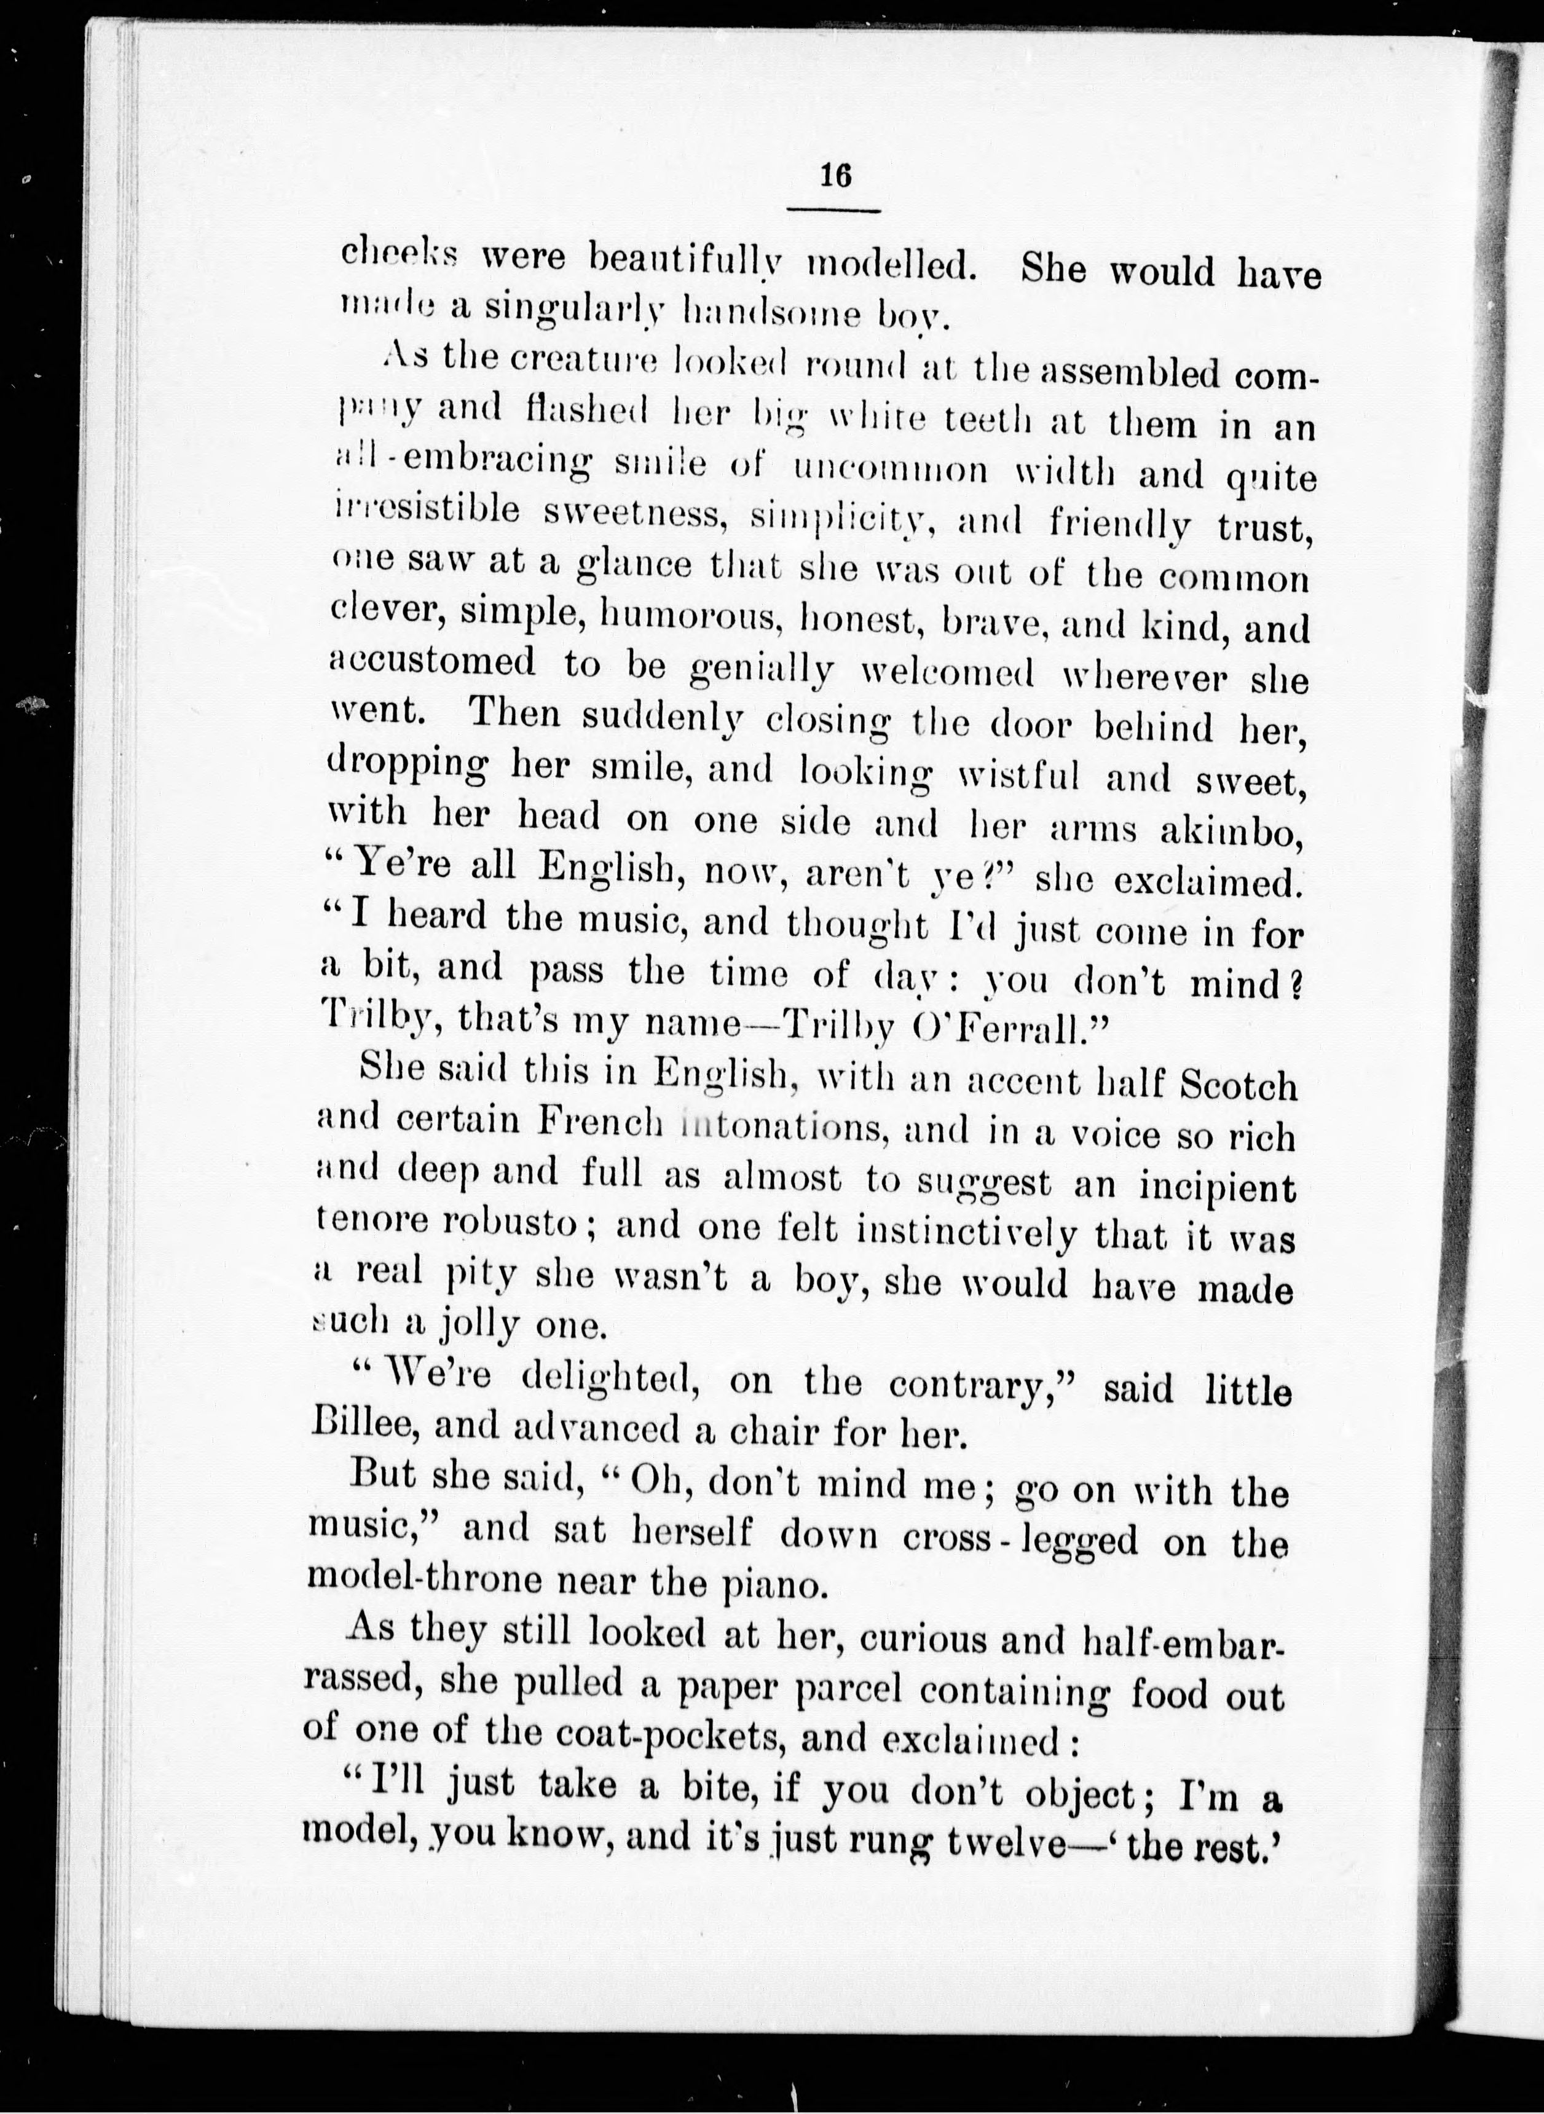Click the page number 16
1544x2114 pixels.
click(835, 176)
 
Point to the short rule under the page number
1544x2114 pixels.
click(833, 210)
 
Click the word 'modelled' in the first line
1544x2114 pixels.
click(892, 265)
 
